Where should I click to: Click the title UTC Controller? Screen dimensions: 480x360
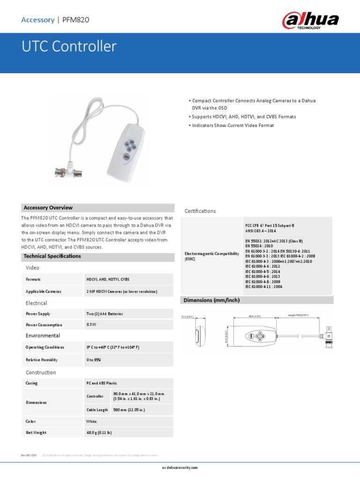69,46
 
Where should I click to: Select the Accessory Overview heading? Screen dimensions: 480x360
48,208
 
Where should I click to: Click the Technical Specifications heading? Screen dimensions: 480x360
52,256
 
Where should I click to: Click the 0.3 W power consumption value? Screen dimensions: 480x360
91,325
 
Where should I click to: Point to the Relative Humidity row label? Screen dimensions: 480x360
42,360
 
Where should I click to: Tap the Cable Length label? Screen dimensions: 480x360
97,410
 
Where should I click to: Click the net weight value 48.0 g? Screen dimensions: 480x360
99,433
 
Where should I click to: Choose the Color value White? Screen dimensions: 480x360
91,421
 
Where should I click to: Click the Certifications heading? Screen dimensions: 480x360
200,211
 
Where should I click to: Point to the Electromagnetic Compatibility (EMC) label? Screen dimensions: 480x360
209,256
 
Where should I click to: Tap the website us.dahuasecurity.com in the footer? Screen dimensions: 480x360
180,468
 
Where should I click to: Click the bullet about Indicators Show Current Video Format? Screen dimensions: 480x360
232,126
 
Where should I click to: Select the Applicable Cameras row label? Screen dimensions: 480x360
44,292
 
